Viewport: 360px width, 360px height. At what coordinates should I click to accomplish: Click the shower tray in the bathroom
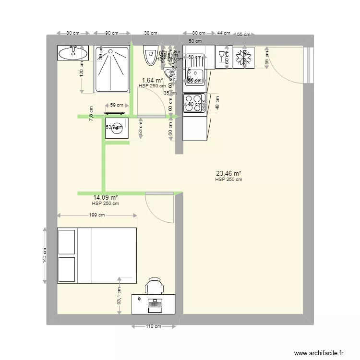(x=112, y=68)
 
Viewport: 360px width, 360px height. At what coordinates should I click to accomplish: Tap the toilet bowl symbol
(x=149, y=56)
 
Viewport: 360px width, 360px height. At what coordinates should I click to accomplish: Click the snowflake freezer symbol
(x=244, y=58)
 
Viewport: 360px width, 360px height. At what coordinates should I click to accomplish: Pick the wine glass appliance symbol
(x=222, y=58)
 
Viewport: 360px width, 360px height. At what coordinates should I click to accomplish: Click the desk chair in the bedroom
(x=155, y=287)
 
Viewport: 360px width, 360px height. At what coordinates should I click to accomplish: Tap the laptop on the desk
(x=155, y=304)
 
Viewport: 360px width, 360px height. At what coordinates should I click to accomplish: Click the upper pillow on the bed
(x=67, y=241)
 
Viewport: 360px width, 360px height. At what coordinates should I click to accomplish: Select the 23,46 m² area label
(x=228, y=174)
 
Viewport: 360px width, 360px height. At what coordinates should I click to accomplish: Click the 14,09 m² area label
(x=106, y=197)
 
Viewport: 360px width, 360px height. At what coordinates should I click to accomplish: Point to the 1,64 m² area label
(x=152, y=81)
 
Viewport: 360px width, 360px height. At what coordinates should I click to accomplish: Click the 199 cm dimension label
(x=97, y=215)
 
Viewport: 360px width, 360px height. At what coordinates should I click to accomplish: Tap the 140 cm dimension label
(x=44, y=255)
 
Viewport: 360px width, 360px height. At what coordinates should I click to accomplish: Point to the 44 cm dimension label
(x=223, y=33)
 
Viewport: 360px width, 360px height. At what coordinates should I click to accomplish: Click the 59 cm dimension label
(x=116, y=105)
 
